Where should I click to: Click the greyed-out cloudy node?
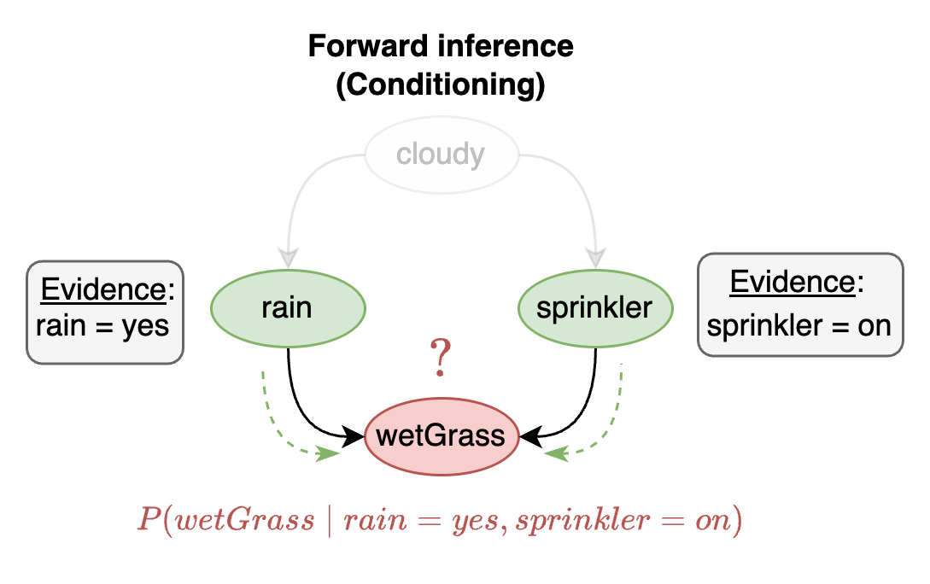[441, 155]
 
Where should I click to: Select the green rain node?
[287, 307]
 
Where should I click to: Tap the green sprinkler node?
[594, 307]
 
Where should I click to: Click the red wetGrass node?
[441, 436]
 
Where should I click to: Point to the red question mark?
[441, 359]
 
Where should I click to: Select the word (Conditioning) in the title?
[441, 85]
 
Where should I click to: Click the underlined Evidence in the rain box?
[103, 290]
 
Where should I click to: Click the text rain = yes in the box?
[102, 325]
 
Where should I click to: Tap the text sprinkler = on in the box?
[799, 325]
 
